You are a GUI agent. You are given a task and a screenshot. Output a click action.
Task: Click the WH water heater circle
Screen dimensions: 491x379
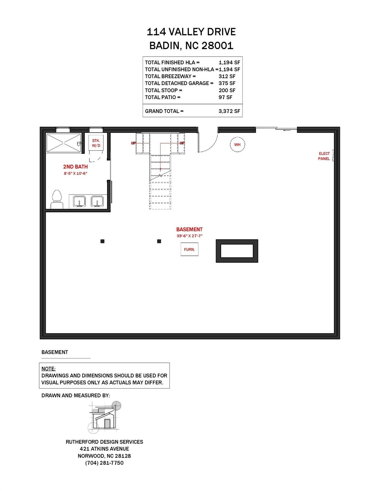(237, 144)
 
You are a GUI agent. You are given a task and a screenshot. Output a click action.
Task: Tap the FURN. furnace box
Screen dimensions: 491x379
(189, 249)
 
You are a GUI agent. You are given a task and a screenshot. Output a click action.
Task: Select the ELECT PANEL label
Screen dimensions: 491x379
(324, 156)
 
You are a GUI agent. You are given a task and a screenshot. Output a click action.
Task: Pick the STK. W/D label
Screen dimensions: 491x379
(96, 143)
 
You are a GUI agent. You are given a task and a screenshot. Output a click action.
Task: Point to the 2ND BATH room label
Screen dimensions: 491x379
(75, 167)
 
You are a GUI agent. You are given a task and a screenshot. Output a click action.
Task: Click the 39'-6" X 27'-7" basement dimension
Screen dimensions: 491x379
(190, 236)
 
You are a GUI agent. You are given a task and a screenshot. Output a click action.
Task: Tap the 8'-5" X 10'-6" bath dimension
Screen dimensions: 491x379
(75, 174)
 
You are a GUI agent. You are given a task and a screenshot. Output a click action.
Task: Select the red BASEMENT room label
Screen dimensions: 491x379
(189, 229)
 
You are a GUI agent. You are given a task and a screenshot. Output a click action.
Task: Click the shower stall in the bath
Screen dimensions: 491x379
(64, 143)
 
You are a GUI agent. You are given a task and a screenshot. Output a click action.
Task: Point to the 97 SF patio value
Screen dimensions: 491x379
(225, 97)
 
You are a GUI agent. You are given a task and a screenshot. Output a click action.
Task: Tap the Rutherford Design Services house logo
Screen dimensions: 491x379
(105, 417)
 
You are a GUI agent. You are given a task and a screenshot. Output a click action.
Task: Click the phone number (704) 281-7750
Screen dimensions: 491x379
(104, 463)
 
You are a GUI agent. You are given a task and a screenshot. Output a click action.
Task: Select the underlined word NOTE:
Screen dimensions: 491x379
(48, 369)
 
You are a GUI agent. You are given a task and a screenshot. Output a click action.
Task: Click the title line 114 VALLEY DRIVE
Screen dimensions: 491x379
(191, 32)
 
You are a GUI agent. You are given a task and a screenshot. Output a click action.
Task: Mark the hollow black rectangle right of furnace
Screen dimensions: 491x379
(237, 251)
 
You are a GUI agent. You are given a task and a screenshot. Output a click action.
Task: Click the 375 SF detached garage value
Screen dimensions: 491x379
(227, 83)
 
